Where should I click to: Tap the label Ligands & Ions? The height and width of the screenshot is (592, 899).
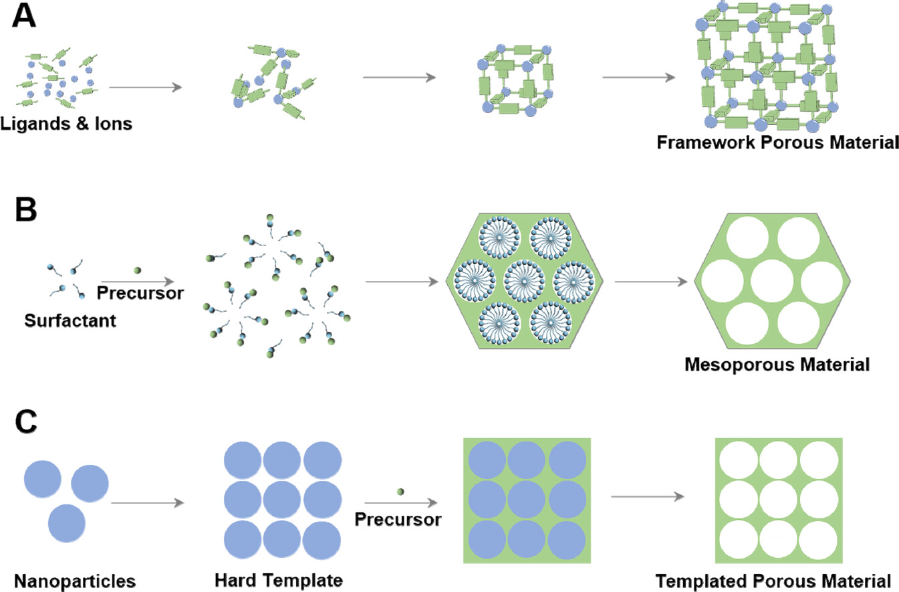click(66, 123)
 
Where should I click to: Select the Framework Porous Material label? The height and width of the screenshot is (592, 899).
click(776, 142)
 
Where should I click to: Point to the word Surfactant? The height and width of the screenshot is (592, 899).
click(70, 320)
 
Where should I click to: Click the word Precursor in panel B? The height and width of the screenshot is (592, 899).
click(140, 293)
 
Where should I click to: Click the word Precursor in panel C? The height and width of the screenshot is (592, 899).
click(398, 519)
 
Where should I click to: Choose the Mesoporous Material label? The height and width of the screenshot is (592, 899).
click(777, 365)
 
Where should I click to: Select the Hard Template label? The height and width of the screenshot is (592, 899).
click(279, 579)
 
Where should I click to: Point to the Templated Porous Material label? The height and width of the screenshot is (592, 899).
click(774, 580)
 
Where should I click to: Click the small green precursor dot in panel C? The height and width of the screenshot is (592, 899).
click(400, 492)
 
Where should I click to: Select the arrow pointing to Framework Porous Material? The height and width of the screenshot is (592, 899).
click(638, 78)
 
